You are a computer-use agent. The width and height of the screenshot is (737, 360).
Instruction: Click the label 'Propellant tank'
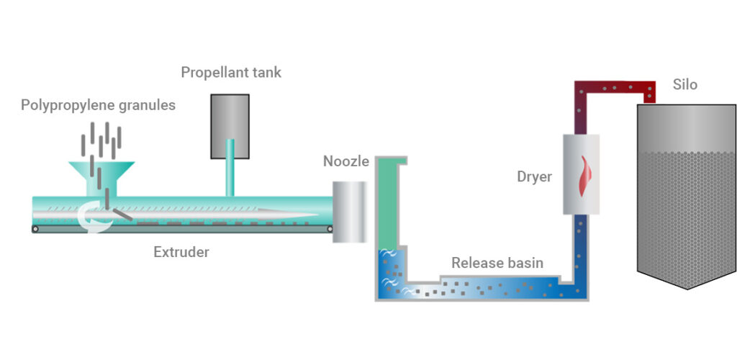click(230, 73)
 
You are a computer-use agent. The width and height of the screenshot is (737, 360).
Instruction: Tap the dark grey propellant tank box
click(230, 126)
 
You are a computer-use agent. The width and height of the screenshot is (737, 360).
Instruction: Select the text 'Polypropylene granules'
click(98, 105)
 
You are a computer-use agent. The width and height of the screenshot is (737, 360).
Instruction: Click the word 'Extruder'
click(181, 252)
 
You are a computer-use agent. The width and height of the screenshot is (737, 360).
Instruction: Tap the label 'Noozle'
click(345, 162)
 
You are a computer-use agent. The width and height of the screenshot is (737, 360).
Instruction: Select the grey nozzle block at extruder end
click(349, 211)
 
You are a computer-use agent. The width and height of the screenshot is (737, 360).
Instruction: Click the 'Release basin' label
click(497, 263)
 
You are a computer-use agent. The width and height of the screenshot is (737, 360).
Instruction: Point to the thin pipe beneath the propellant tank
click(230, 176)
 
